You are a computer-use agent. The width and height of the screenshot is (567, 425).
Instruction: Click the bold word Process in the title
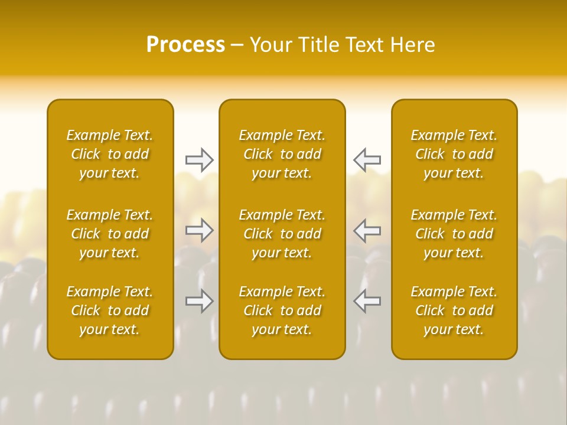tap(185, 45)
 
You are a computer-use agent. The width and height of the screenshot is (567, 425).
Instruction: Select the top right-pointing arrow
tap(199, 160)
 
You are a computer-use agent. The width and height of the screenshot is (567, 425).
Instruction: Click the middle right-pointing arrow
tap(199, 230)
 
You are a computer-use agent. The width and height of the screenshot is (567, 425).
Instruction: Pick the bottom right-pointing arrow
tap(199, 301)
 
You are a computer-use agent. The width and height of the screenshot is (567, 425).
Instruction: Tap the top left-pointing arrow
tap(367, 160)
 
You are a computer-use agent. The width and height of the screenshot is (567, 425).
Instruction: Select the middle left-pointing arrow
tap(367, 230)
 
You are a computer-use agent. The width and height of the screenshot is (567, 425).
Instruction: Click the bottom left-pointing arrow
tap(367, 301)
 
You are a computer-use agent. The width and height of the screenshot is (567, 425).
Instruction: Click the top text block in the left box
tap(110, 154)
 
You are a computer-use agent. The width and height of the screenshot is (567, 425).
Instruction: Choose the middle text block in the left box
tap(110, 234)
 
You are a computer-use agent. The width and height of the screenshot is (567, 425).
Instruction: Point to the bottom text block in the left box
tap(110, 310)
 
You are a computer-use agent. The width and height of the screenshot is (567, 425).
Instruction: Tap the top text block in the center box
tap(282, 154)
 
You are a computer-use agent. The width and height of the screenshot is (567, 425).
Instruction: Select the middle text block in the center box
tap(282, 234)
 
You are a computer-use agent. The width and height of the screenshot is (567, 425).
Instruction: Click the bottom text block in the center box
tap(282, 310)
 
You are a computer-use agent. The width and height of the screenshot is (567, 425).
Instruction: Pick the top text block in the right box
tap(454, 154)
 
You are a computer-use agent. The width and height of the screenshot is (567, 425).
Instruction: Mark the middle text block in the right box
tap(454, 234)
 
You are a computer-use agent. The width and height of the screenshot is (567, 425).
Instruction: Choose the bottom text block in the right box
tap(454, 310)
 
